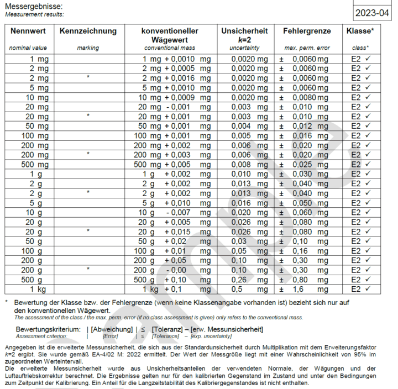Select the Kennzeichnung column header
tap(88, 31)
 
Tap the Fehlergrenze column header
tap(306, 31)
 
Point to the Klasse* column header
tap(360, 31)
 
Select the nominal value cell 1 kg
tap(39, 289)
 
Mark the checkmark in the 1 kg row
tap(368, 289)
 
